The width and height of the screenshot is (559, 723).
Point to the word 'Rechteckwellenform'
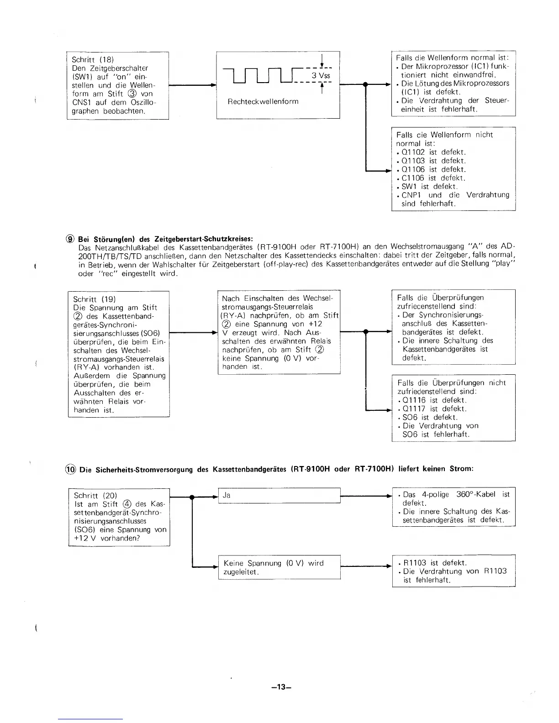pyautogui.click(x=263, y=101)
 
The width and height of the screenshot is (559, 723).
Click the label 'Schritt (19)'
pyautogui.click(x=94, y=299)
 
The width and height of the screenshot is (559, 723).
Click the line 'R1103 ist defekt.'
pyautogui.click(x=435, y=563)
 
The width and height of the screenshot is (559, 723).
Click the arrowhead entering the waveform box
pyautogui.click(x=213, y=85)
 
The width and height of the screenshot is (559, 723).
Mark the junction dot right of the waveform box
pyautogui.click(x=365, y=84)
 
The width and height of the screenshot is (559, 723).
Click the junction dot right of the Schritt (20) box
pyautogui.click(x=192, y=496)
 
